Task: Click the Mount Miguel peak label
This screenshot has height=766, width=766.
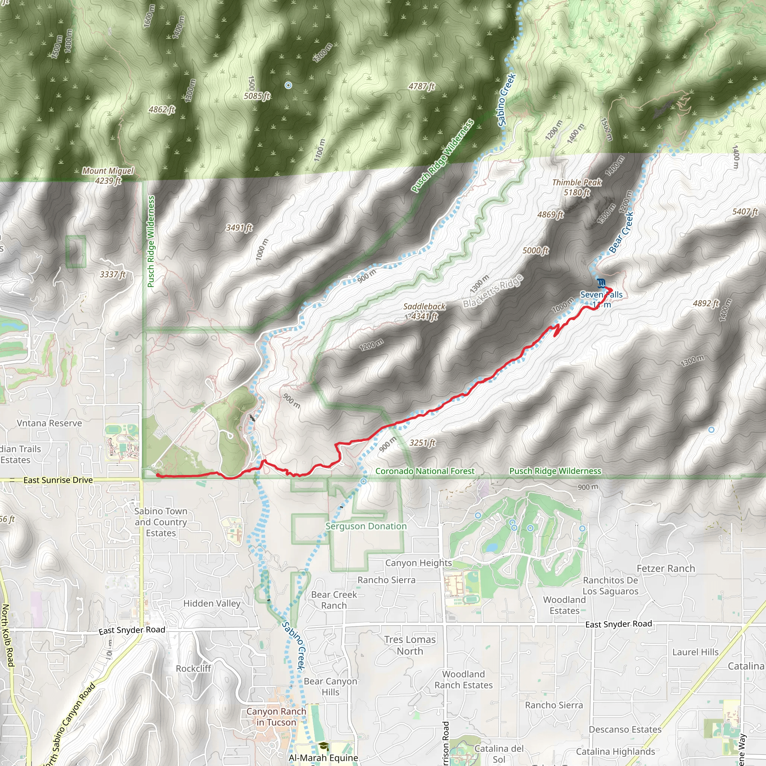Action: pos(108,171)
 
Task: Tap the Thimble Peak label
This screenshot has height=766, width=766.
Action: pos(576,183)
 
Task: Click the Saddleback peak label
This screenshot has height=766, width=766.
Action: pos(424,306)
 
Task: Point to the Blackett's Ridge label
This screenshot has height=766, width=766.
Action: pos(493,291)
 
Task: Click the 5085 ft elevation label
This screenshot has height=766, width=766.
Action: pos(257,96)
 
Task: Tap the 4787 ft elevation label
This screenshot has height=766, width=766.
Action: pos(422,86)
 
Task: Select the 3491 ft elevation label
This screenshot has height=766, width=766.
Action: pos(239,227)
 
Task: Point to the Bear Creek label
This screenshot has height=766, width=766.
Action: pos(621,232)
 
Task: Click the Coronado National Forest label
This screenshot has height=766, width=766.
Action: pos(425,471)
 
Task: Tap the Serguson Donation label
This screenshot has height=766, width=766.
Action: pos(366,526)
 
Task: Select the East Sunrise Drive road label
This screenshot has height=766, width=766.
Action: pos(58,480)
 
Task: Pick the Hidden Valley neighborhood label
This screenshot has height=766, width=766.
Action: pos(212,603)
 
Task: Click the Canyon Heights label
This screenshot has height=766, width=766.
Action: pos(418,563)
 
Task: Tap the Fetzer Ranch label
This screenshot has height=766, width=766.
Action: pos(666,569)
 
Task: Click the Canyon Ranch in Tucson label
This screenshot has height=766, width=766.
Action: pos(276,717)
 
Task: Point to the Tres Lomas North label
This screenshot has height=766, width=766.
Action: pos(410,645)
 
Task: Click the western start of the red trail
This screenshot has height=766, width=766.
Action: pos(157,475)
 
